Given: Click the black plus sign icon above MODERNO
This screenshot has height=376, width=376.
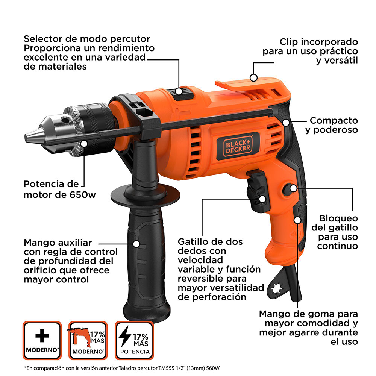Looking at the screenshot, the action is tap(42, 336).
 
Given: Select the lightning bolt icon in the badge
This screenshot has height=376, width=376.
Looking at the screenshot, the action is tap(125, 336).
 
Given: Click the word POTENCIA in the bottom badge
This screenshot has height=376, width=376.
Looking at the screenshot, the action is tap(135, 352).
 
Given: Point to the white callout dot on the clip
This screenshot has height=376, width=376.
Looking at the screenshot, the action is tap(253, 78).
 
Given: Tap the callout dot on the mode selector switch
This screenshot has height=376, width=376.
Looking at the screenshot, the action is tap(179, 91).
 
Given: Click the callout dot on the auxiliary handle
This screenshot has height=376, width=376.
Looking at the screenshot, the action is tap(136, 244).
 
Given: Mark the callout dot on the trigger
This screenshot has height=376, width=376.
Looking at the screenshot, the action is tap(262, 199).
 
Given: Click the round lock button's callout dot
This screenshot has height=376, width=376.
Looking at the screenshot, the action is tap(293, 188).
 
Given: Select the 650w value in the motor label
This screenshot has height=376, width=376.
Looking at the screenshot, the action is tap(83, 194).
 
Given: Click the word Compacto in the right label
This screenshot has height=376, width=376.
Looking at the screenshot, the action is tap(334, 120).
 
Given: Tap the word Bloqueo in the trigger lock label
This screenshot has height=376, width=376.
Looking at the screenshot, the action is tap(338, 218).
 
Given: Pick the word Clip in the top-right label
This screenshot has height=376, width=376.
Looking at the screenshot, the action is tap(289, 42).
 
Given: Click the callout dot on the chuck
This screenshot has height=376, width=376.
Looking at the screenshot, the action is tap(84, 144).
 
